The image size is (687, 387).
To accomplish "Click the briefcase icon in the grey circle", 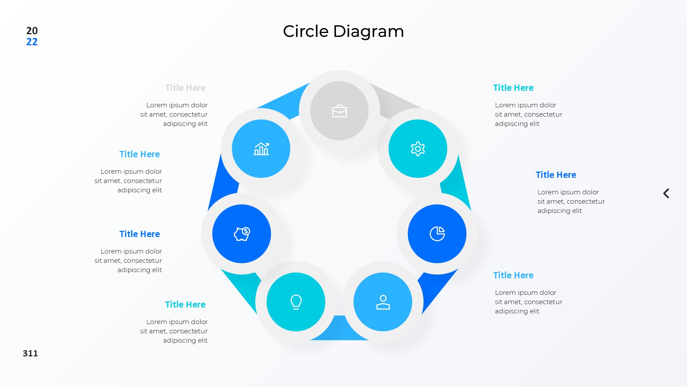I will [x=339, y=111].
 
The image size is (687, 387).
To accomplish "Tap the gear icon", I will [x=418, y=149].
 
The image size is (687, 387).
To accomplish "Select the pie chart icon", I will [x=437, y=234].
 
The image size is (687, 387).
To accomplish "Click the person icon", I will [x=383, y=302].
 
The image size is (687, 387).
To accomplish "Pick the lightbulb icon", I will [x=296, y=302].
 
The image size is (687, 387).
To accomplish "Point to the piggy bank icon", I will [x=242, y=234].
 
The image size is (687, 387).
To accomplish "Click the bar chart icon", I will [x=261, y=149].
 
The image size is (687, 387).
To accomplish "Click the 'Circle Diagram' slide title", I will [x=343, y=31].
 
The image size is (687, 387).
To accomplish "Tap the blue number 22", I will [x=32, y=42].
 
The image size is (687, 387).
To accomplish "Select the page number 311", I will [x=30, y=353].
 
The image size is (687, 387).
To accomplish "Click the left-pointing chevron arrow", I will [x=666, y=193].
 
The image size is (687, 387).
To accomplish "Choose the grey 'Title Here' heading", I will [x=185, y=88].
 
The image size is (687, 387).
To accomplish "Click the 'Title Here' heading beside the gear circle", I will [x=513, y=88].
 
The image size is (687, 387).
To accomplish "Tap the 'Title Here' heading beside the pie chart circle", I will [x=556, y=175].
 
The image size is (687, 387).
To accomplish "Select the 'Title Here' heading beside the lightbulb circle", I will [x=185, y=304].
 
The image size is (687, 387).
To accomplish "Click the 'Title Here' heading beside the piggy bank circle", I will [x=139, y=234].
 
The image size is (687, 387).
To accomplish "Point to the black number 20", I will [x=32, y=31].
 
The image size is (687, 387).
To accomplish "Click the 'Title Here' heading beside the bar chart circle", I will [x=139, y=154].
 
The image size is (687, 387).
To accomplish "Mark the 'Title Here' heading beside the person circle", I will [x=513, y=275].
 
